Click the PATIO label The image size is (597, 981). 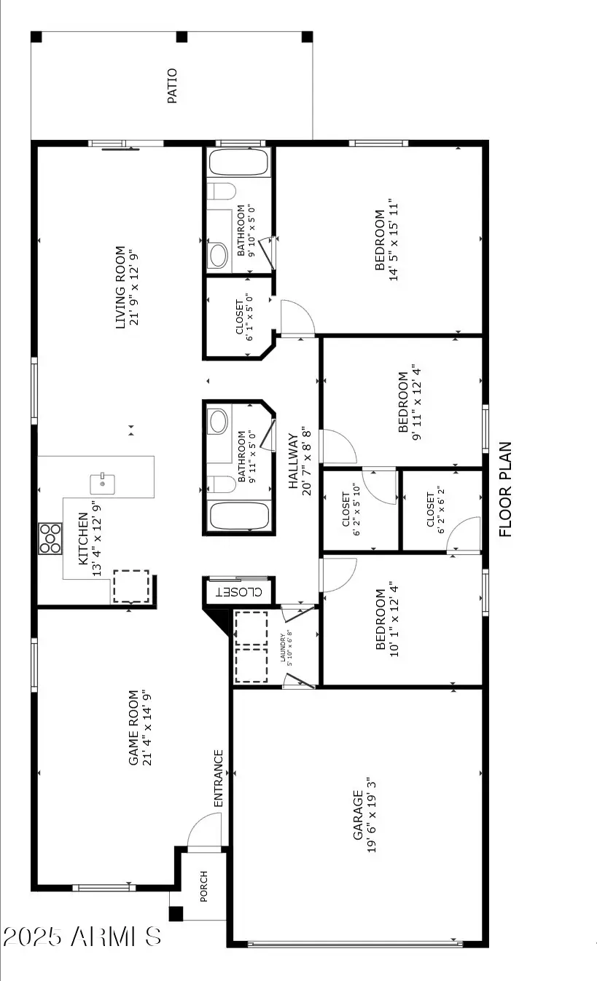pyautogui.click(x=173, y=86)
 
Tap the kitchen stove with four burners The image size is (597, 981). pyautogui.click(x=50, y=539)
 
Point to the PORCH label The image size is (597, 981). pyautogui.click(x=204, y=886)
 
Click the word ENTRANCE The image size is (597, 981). pyautogui.click(x=218, y=778)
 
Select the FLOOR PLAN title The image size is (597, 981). pyautogui.click(x=507, y=489)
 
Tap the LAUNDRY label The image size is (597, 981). pyautogui.click(x=283, y=648)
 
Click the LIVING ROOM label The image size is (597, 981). pyautogui.click(x=121, y=286)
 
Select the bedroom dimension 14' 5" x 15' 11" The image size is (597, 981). pyautogui.click(x=394, y=240)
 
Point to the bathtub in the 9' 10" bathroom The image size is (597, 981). pyautogui.click(x=238, y=162)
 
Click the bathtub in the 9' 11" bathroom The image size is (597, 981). pyautogui.click(x=238, y=517)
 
